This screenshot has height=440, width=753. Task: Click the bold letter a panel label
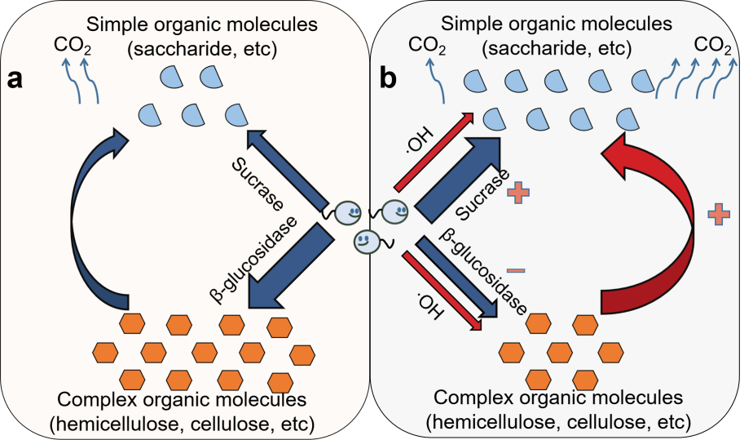click(x=15, y=79)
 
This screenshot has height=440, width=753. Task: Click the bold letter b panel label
click(x=389, y=78)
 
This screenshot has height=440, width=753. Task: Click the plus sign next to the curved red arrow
click(x=718, y=215)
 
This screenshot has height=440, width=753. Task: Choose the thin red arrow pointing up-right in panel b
click(x=432, y=153)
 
